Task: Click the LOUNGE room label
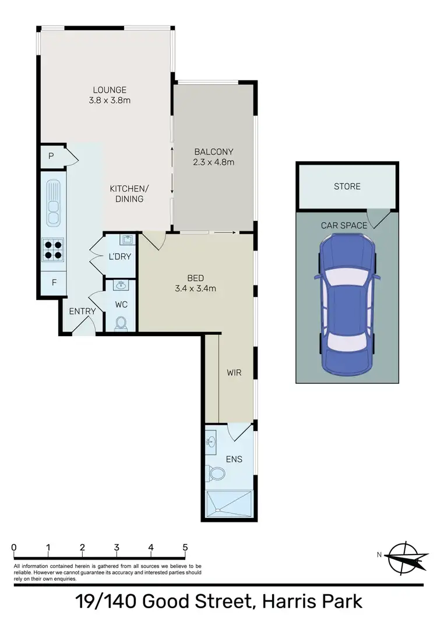pos(110,90)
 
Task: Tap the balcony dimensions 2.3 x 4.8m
pos(214,163)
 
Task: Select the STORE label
pos(347,186)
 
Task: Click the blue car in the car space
pos(347,305)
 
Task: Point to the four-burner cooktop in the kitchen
pos(53,249)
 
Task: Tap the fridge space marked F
pos(54,283)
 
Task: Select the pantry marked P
pos(51,156)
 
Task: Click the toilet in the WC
pos(121,323)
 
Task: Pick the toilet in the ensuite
pos(217,474)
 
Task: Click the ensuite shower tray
pos(230,502)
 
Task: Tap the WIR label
pos(234,373)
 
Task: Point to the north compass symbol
pos(403,556)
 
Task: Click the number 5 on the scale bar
pos(185,548)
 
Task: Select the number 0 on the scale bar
pos(14,548)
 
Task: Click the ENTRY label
pos(82,312)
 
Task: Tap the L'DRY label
pos(119,257)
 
